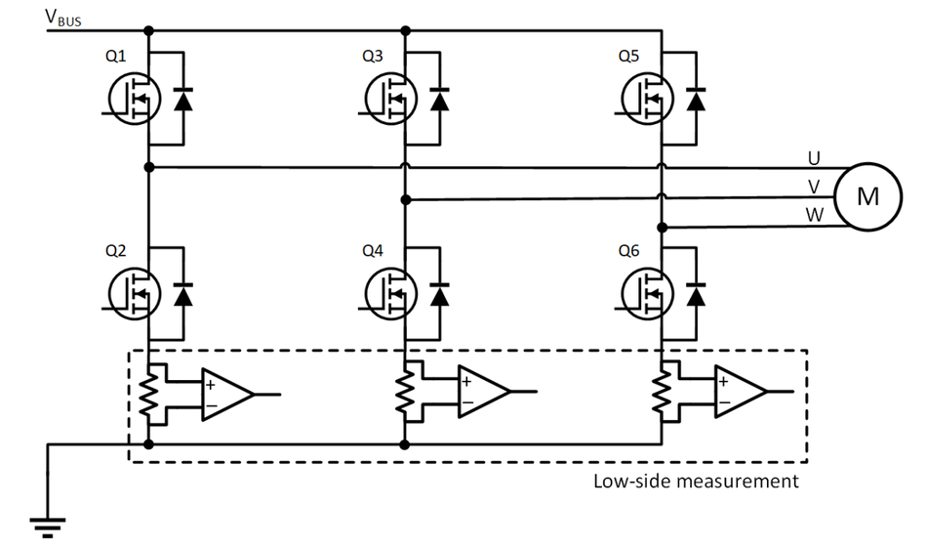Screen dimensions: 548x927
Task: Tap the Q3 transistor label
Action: tap(372, 57)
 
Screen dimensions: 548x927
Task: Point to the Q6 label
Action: tap(629, 251)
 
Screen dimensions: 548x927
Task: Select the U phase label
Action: tap(814, 156)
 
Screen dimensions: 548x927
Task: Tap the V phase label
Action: tap(814, 186)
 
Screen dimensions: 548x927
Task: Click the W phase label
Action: tap(814, 214)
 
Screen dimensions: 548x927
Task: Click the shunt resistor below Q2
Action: tap(147, 394)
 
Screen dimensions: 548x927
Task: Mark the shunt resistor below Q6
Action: tap(662, 394)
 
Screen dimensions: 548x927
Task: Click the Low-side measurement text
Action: tap(696, 481)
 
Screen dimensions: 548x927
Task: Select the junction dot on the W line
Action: tap(662, 228)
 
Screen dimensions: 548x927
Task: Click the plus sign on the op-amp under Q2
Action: tap(210, 383)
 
